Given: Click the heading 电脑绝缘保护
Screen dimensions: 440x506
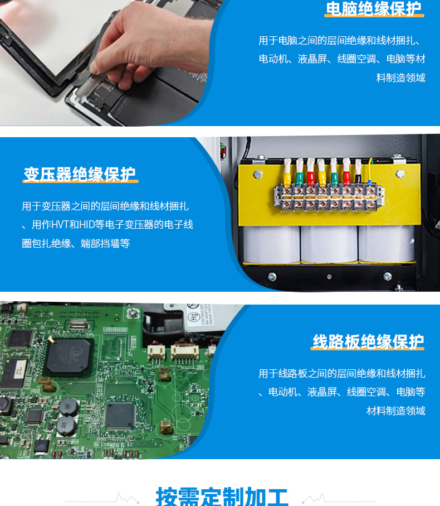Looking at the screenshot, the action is tap(374, 9).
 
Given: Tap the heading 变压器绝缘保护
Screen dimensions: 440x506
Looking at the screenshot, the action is tap(80, 174).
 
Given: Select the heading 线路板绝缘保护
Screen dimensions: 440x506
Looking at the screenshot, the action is tap(368, 341).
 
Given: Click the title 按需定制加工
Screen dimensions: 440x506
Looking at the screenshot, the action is tap(222, 497).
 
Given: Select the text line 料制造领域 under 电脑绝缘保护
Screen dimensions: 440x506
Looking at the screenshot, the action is tap(400, 78).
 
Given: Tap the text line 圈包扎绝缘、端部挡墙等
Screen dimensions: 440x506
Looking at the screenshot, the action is tap(76, 243).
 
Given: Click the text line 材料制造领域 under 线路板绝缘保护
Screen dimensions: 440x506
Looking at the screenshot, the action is tap(396, 411).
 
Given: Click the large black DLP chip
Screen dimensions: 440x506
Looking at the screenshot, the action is tap(68, 356).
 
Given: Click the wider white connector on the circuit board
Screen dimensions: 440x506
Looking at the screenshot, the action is tap(184, 353).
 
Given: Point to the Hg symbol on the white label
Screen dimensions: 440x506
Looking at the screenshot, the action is tap(193, 317).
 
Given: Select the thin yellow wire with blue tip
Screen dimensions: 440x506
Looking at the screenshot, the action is tap(370, 172).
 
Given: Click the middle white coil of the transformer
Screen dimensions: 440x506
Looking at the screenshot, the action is tap(329, 244).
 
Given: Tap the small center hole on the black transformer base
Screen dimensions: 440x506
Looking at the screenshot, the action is tap(329, 277).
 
